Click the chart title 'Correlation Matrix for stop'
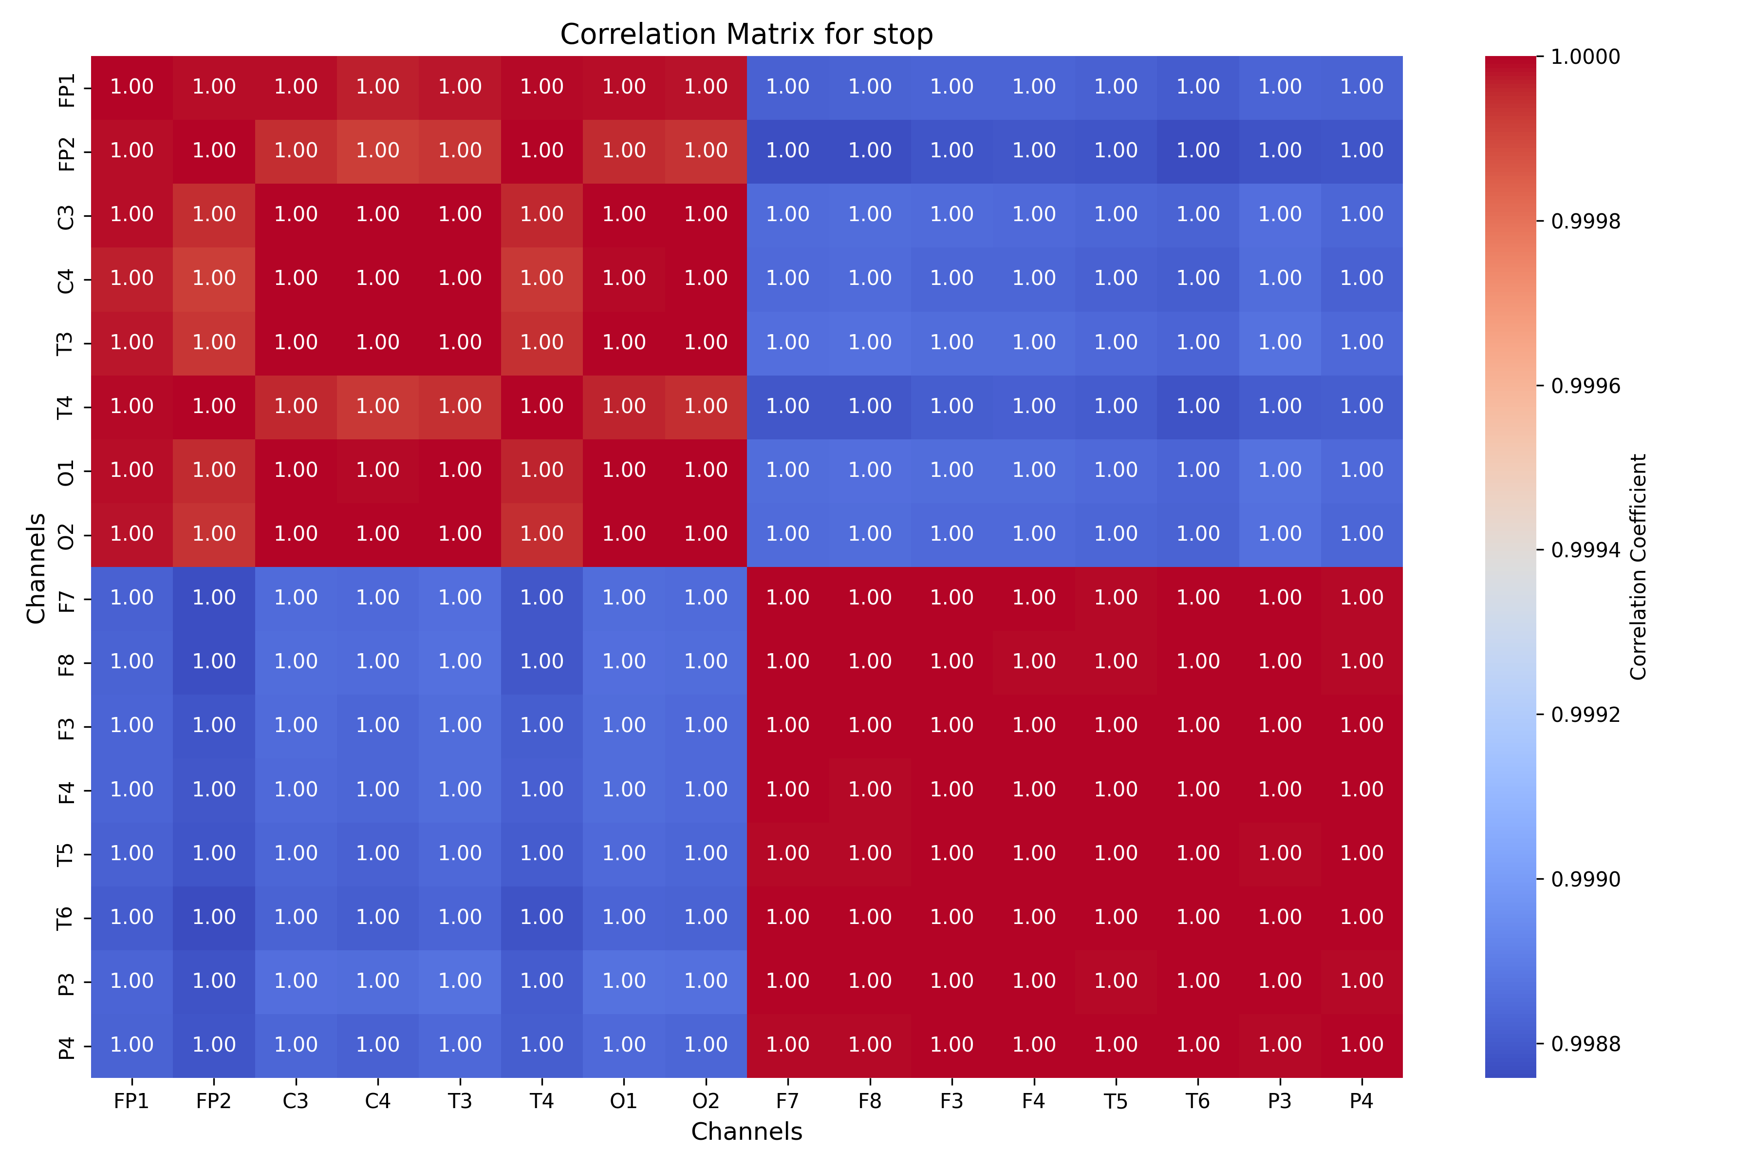746,34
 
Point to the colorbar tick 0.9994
1585,550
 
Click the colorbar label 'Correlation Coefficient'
1638,566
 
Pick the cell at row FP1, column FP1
132,87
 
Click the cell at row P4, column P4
1361,1044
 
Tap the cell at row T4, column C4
378,406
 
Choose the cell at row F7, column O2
705,598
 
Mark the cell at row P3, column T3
460,981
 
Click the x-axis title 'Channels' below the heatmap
746,1131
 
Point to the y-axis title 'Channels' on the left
36,567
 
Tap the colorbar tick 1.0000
1585,57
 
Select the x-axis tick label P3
1279,1101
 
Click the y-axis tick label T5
66,854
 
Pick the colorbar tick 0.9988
1585,1044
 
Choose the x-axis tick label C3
296,1101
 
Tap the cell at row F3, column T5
1115,725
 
